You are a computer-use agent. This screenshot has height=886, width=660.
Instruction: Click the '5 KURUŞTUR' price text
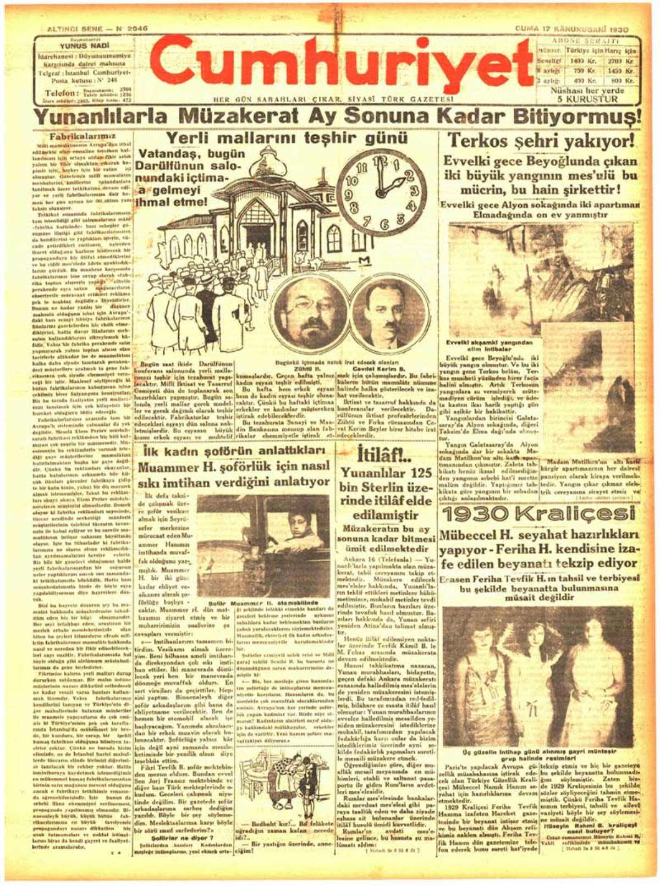(x=587, y=99)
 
